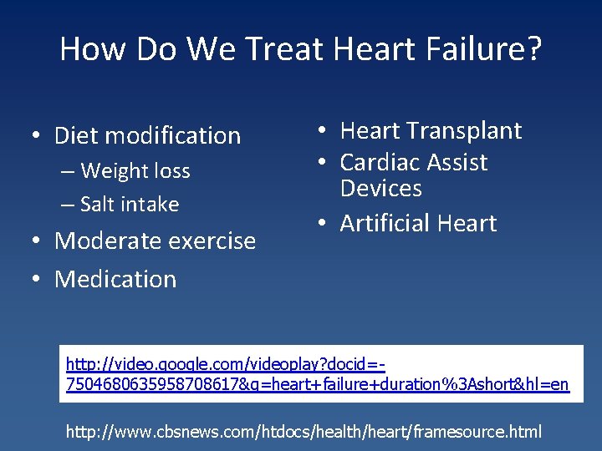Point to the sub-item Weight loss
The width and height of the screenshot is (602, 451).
(x=135, y=171)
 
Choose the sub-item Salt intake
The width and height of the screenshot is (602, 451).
(x=130, y=204)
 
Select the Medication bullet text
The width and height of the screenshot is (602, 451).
(x=115, y=279)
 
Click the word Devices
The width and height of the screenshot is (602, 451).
(x=380, y=188)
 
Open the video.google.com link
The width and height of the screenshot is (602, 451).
(x=318, y=374)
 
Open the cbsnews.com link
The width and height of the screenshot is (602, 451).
(x=304, y=432)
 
